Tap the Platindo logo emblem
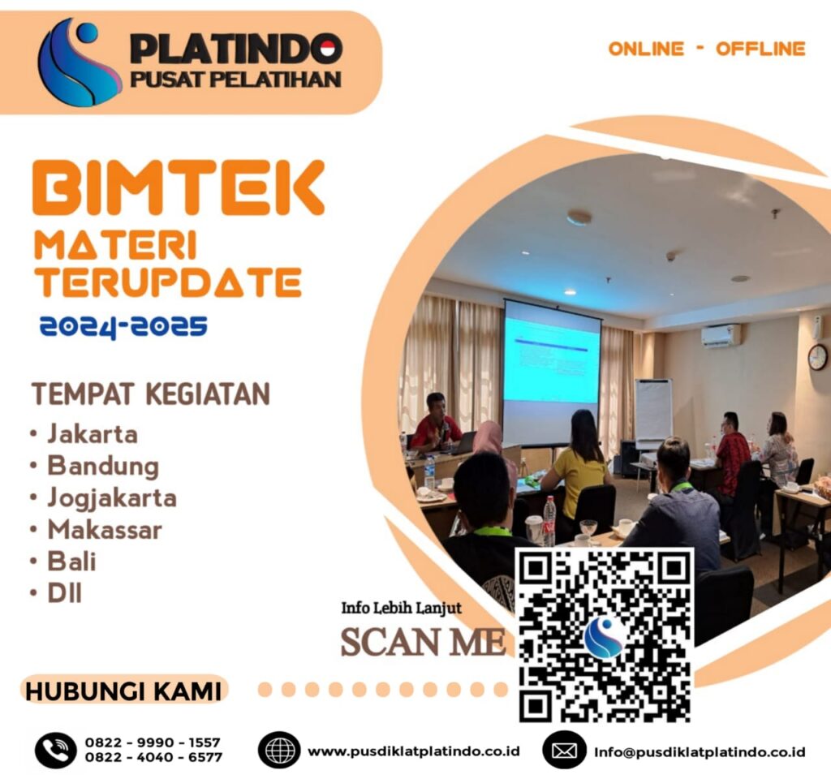(80, 62)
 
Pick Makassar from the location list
(105, 530)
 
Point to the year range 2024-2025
(123, 327)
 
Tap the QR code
(605, 635)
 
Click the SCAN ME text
(423, 641)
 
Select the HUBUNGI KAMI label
(123, 692)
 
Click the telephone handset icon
(55, 749)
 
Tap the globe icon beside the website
(279, 749)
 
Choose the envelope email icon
(564, 750)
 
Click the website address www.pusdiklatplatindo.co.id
(414, 751)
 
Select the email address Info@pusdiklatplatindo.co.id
(700, 751)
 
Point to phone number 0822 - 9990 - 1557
(153, 742)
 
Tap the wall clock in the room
(817, 357)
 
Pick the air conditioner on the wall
(721, 335)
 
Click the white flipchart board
(653, 410)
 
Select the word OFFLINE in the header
(760, 49)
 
